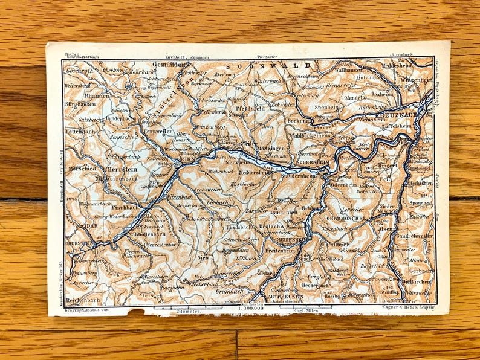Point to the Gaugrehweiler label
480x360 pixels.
(414, 236)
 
